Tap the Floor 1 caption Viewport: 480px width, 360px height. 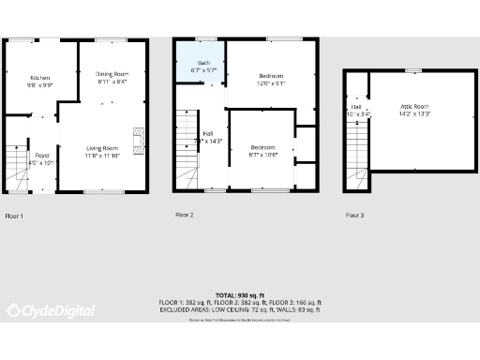tap(14, 216)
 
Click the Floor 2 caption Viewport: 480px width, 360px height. tap(184, 216)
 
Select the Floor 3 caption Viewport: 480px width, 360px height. tap(354, 216)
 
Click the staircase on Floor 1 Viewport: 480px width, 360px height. tap(17, 169)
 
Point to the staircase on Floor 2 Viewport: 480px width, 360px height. tap(187, 150)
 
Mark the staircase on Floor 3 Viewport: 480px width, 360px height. tap(357, 141)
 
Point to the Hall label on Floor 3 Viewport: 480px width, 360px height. tap(357, 110)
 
